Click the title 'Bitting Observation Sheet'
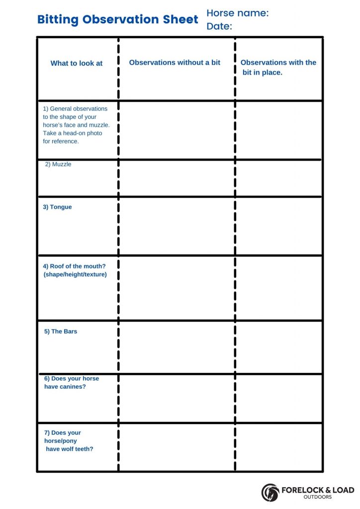[117, 19]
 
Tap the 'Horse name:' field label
[237, 13]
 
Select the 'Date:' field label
[219, 26]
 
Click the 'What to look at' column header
[77, 64]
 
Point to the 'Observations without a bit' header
[175, 63]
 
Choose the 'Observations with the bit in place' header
[278, 68]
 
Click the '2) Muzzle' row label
[58, 165]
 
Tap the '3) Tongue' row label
[57, 207]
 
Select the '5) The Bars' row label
[61, 332]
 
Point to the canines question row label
[72, 383]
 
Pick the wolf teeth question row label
[69, 441]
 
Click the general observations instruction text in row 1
[76, 125]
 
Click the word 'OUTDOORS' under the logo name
[318, 497]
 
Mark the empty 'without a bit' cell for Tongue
[177, 226]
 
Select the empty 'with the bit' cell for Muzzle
[278, 178]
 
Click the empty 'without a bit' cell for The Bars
[177, 347]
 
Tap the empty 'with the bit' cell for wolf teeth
[278, 447]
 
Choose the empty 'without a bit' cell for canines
[177, 398]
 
